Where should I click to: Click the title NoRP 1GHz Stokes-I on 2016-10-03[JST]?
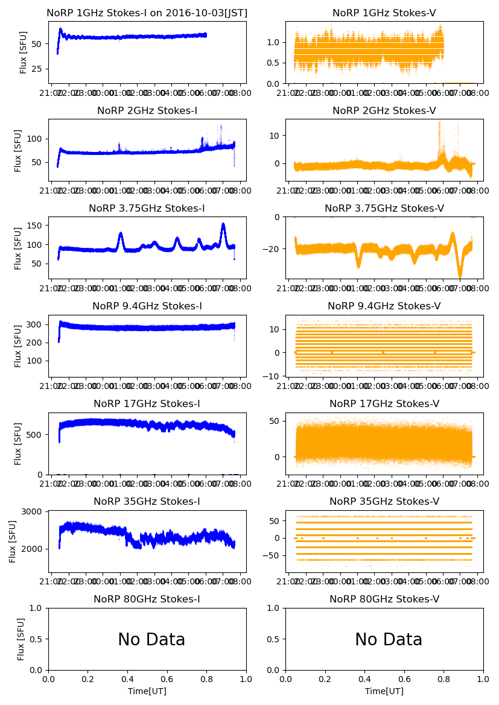[147, 13]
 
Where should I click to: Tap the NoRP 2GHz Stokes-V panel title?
[384, 110]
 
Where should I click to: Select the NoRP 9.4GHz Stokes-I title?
[147, 306]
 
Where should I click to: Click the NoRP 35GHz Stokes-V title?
[384, 502]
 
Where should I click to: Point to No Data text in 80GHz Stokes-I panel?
[151, 639]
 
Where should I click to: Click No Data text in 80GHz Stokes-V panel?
[389, 639]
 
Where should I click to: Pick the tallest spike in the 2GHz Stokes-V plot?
[439, 122]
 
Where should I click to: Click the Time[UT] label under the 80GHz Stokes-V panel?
[384, 691]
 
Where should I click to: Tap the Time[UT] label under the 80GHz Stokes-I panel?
[147, 691]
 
